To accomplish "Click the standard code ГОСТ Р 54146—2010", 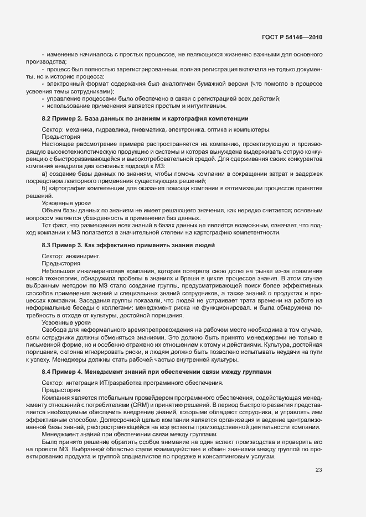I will [x=292, y=37].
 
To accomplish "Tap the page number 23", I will [x=319, y=471].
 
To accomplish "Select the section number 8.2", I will [x=47, y=119].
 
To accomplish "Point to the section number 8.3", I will [x=47, y=245].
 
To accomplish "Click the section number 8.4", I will [x=47, y=371].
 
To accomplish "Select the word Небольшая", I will [x=58, y=271].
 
